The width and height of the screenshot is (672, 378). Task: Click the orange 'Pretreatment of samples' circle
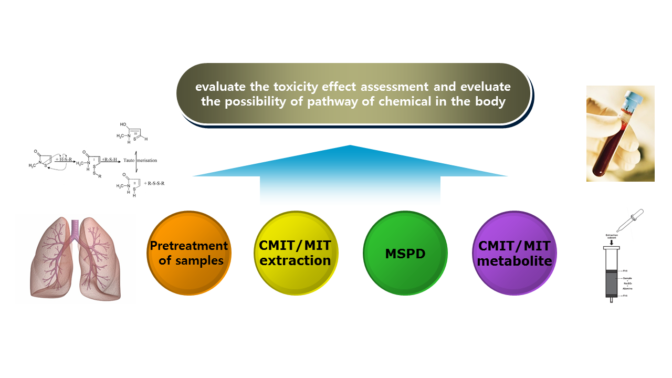click(x=188, y=253)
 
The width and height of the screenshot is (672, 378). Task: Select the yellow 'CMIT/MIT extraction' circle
click(x=295, y=253)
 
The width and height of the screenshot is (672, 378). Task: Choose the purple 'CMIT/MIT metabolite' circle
click(x=514, y=253)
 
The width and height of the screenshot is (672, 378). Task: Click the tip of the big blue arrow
click(x=350, y=146)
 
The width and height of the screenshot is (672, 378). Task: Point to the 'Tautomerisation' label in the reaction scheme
click(x=140, y=160)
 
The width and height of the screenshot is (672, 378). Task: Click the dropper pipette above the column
click(x=629, y=220)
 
